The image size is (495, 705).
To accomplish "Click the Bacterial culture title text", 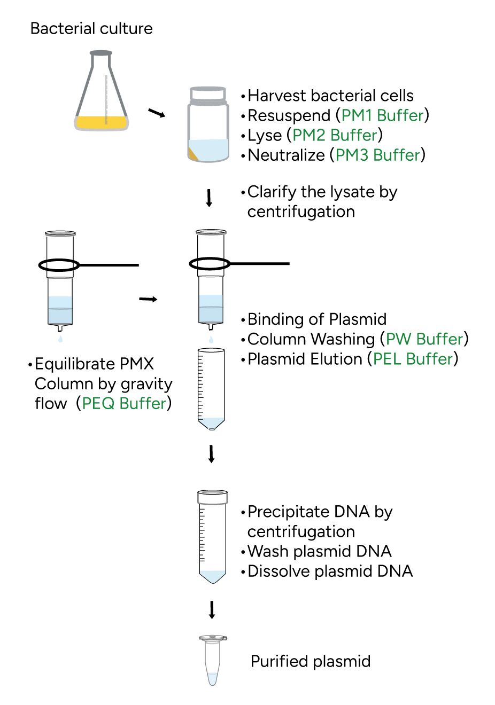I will point(91,28).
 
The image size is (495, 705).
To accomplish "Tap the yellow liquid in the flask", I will point(102,122).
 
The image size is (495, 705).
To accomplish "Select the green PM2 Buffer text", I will point(335,135).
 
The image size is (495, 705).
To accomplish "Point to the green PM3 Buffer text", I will point(377,155).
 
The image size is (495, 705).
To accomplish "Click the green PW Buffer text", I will point(424,339).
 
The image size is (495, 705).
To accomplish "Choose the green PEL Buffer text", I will point(413,359).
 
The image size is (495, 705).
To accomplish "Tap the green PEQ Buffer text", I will point(124,403).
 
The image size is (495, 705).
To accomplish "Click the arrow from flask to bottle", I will point(157,113).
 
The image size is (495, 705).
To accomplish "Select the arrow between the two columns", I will point(148,299).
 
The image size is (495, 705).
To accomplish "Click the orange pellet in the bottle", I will point(193,154).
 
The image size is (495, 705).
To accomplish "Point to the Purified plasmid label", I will point(311,661).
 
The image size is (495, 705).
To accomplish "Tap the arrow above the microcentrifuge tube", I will point(212,610).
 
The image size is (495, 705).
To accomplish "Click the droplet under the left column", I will point(60,339).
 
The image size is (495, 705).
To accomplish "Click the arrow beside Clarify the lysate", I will point(209,198).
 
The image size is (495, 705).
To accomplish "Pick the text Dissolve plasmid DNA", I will point(330,571).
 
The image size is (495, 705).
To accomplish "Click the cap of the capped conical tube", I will point(213,497).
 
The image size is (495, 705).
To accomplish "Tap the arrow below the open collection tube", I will point(212,454).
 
